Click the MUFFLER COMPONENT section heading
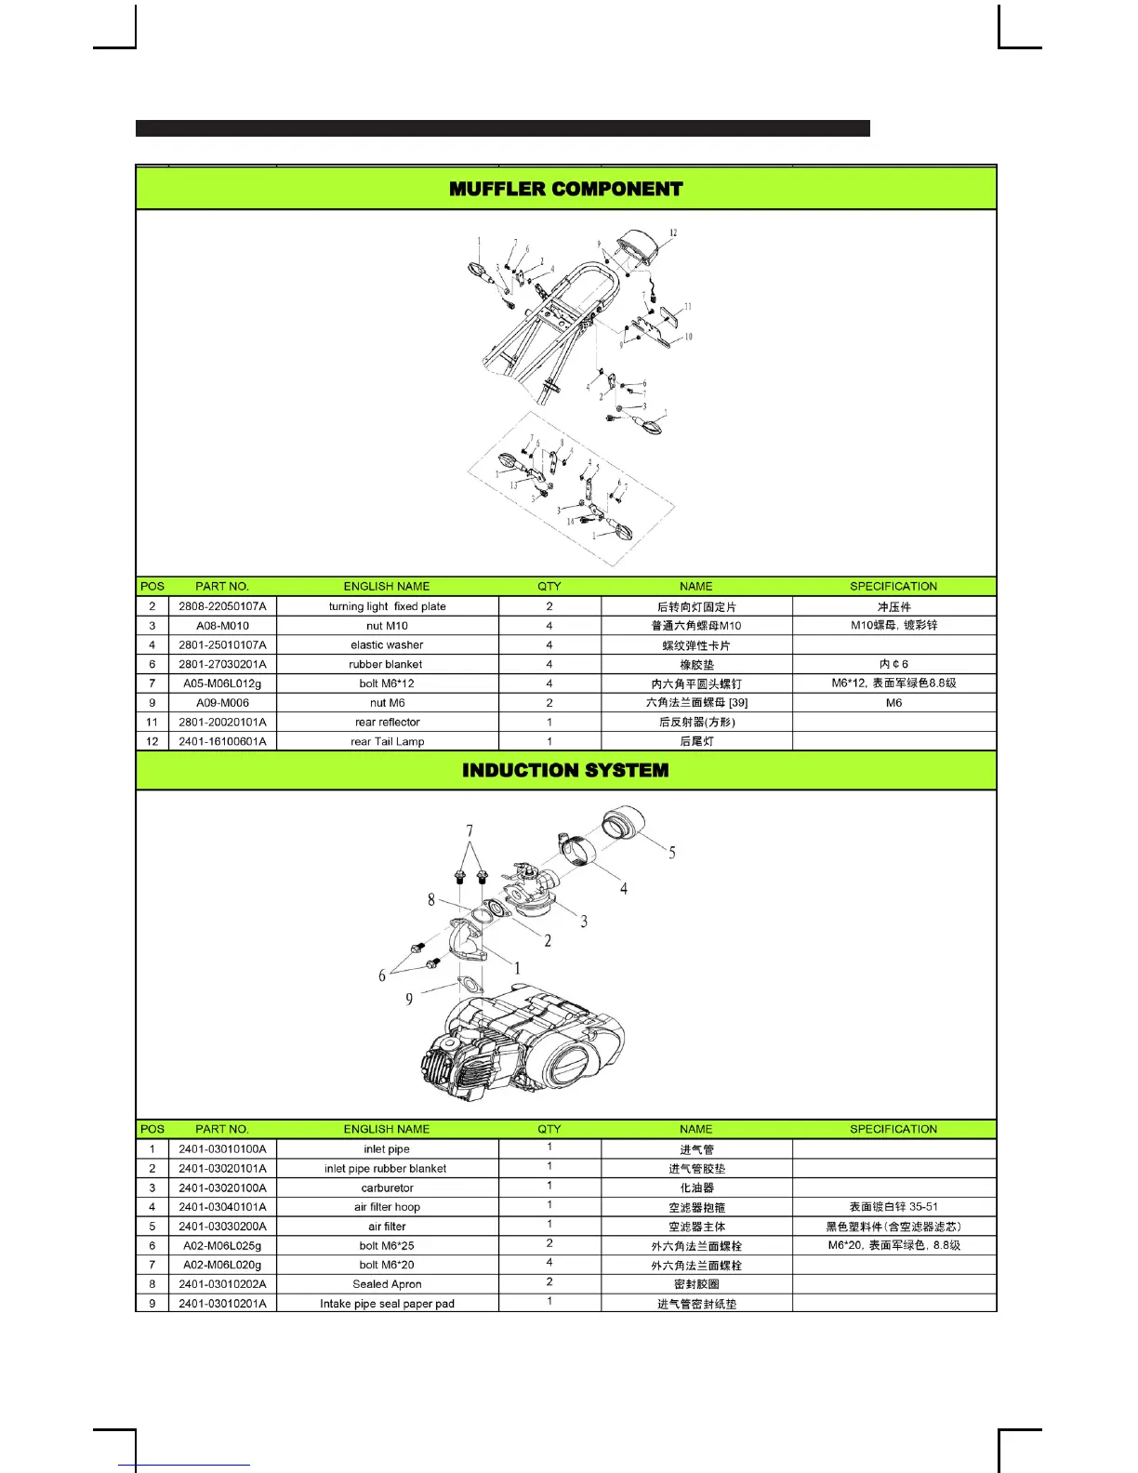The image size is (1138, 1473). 565,189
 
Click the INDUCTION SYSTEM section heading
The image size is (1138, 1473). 565,770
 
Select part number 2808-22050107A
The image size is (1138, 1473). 222,606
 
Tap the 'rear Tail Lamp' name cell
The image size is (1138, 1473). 387,741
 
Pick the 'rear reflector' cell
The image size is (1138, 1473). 387,722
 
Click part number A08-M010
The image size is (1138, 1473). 222,626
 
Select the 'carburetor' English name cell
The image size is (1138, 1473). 387,1188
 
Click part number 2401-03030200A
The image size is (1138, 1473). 222,1227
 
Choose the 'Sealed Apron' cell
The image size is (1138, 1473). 387,1284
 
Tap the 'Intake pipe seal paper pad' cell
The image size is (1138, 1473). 387,1304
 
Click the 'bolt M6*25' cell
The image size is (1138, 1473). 387,1245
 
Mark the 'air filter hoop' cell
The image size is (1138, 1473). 387,1207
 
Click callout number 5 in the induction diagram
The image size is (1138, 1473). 672,853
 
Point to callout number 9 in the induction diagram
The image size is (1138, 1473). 409,1000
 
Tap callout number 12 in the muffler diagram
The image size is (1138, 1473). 673,233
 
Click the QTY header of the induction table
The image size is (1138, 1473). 549,1129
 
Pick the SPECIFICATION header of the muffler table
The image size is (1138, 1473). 893,586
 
